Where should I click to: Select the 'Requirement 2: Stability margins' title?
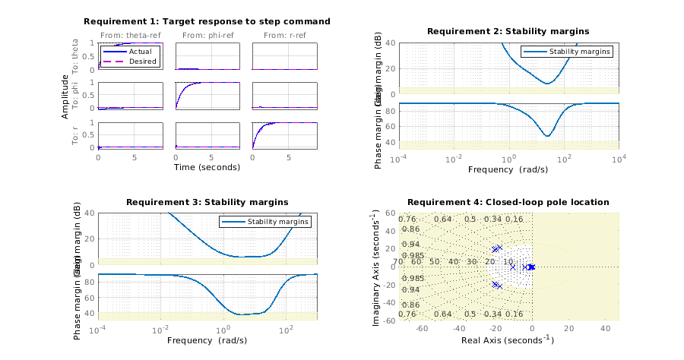tap(508, 31)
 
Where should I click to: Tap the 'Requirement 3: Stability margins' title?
tap(207, 202)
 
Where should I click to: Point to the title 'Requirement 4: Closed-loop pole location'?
tap(508, 202)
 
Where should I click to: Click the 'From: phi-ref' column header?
tap(207, 36)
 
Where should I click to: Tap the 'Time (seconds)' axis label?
tap(207, 167)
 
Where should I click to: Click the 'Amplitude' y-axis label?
tap(67, 96)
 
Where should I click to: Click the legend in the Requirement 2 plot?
tap(566, 52)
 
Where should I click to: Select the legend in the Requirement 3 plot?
tap(265, 222)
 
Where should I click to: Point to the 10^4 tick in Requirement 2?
tap(619, 159)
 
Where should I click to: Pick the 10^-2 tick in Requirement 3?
tap(160, 330)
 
